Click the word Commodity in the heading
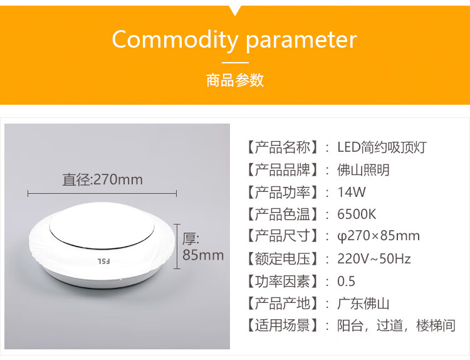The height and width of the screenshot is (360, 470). tap(175, 40)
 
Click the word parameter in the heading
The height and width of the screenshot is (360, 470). tap(301, 40)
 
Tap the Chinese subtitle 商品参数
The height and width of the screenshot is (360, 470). tap(235, 80)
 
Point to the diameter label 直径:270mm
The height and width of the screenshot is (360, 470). tap(103, 180)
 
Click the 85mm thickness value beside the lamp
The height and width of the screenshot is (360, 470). tap(203, 255)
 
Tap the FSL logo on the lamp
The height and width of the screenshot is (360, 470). tap(103, 261)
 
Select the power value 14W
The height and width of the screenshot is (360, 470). tap(352, 192)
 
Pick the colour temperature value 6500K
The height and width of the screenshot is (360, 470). tap(357, 214)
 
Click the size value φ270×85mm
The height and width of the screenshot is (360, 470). tap(379, 236)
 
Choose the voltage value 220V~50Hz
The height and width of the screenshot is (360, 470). tap(373, 258)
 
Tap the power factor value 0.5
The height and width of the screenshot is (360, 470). tap(346, 281)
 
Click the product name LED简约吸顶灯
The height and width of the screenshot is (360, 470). tap(382, 147)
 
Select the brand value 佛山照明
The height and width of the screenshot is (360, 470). tap(363, 170)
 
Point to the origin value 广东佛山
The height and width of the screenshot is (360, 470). tap(363, 304)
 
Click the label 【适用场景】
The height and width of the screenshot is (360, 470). tap(281, 326)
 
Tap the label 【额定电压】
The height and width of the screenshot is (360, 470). tap(281, 258)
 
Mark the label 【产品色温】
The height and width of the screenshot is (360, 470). tap(281, 214)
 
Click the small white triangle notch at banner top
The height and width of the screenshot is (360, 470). tap(235, 10)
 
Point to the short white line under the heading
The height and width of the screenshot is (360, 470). tap(235, 63)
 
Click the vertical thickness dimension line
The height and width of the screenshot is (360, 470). tap(177, 246)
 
